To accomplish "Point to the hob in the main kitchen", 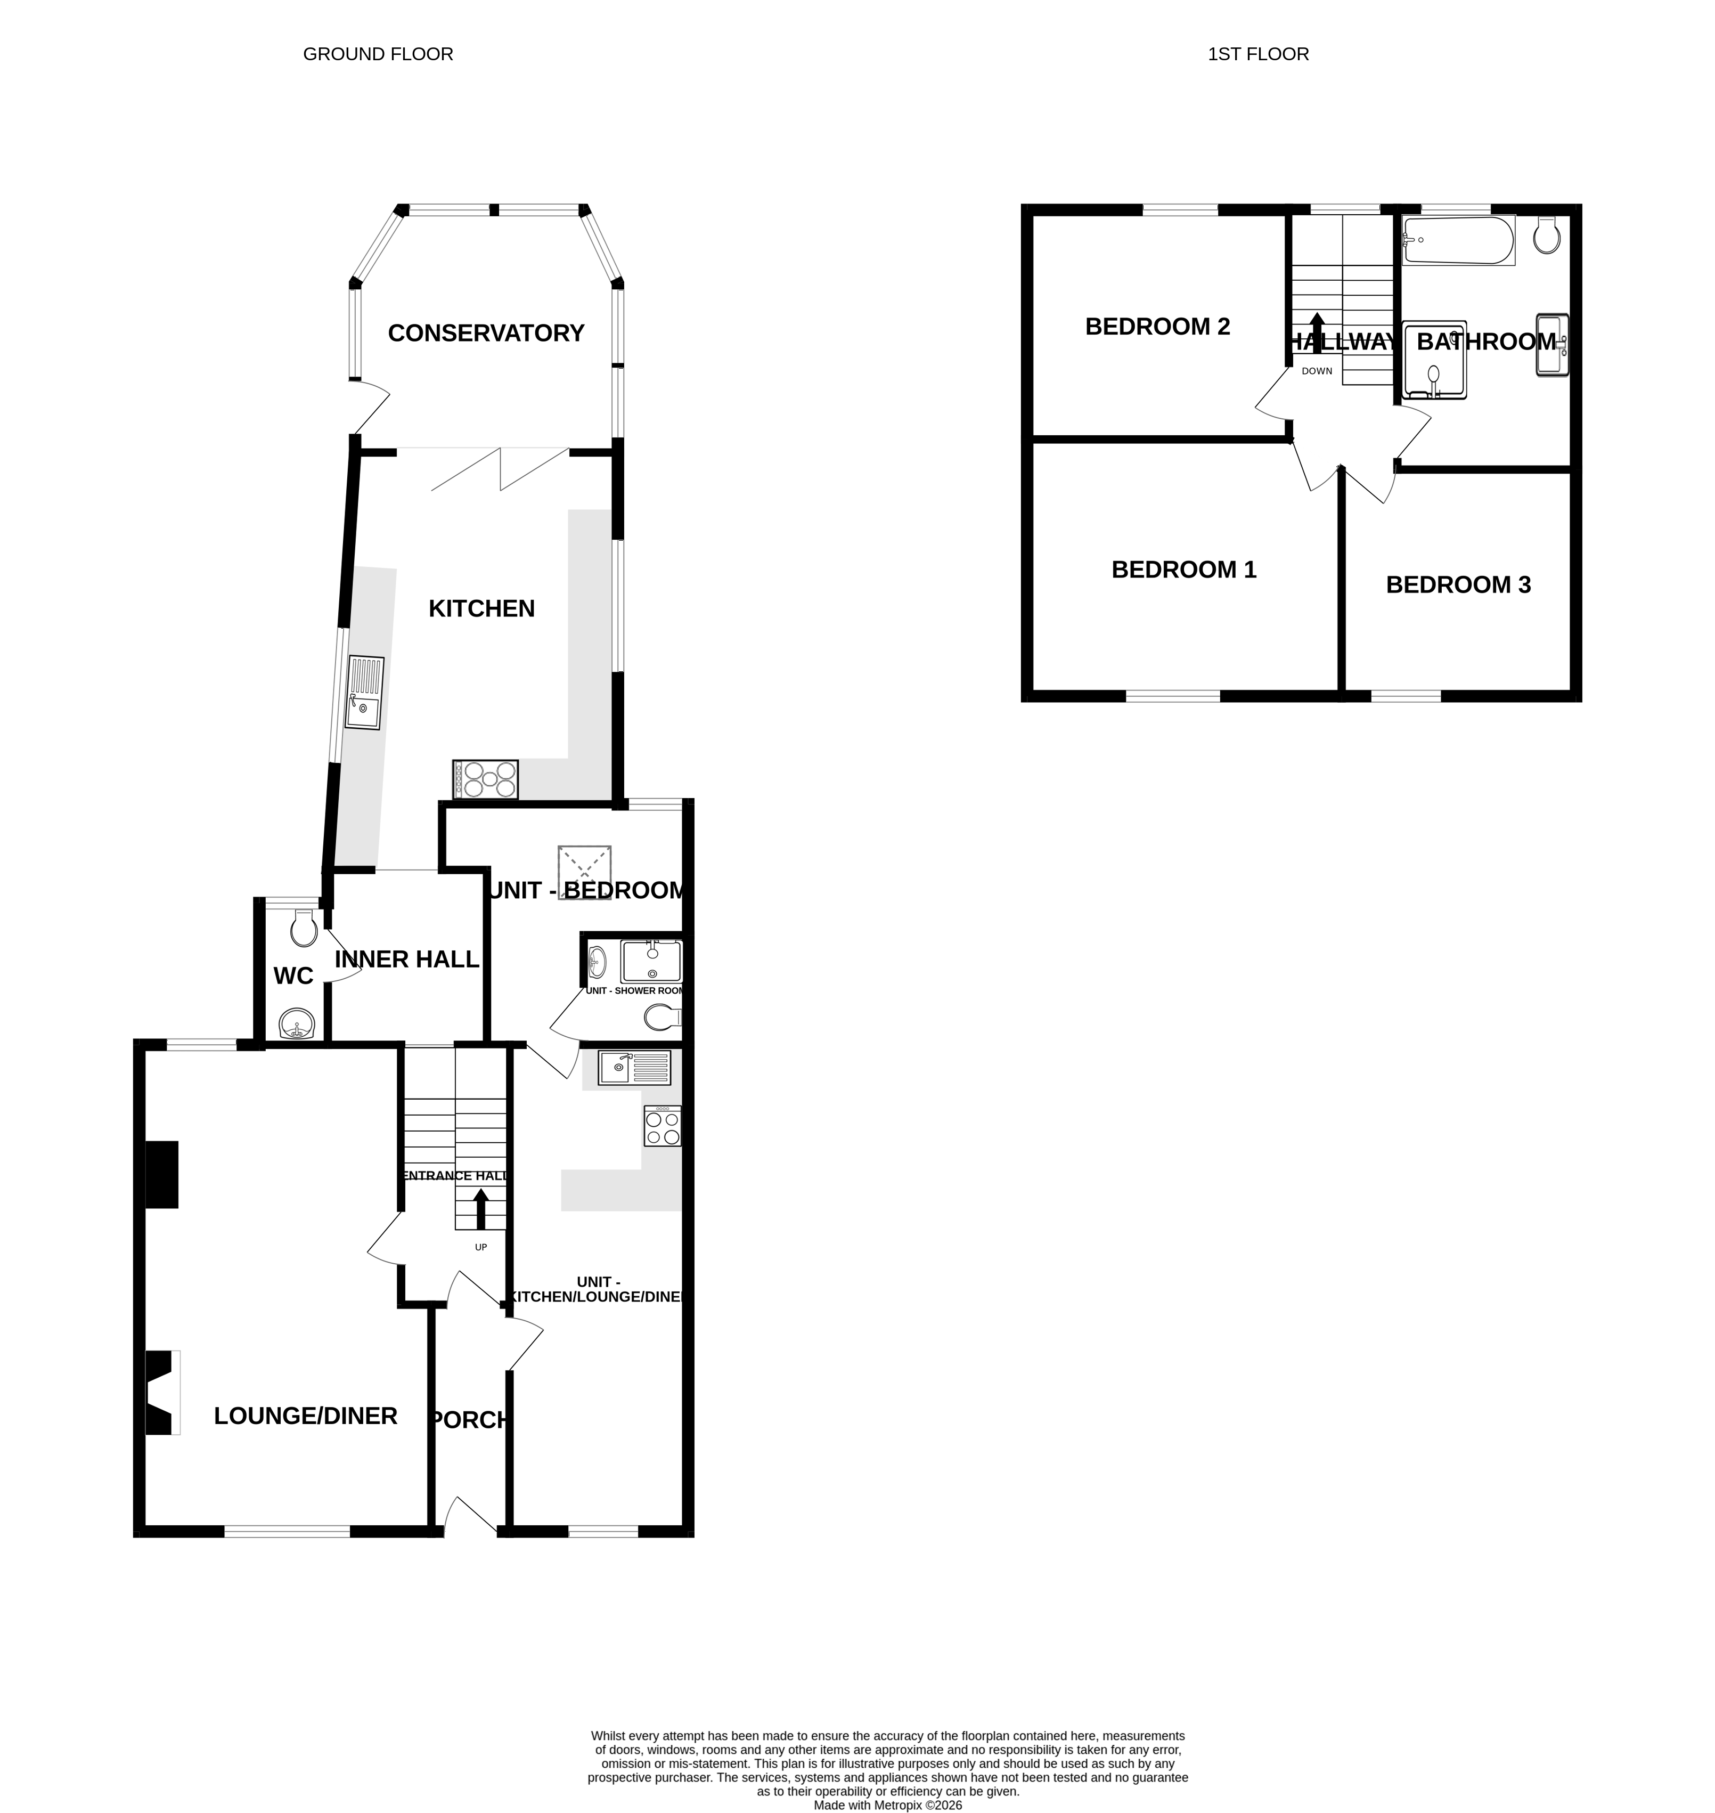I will tap(485, 780).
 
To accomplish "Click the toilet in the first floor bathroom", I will tap(1547, 235).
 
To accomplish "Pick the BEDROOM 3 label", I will tap(1458, 585).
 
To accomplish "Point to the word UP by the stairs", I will tap(481, 1247).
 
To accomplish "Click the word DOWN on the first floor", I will tap(1317, 371).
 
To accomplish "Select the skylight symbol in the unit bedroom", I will tap(584, 873).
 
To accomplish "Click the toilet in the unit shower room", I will tap(661, 1017).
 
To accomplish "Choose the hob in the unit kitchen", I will tap(662, 1126).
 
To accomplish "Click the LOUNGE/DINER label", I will tap(305, 1416).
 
